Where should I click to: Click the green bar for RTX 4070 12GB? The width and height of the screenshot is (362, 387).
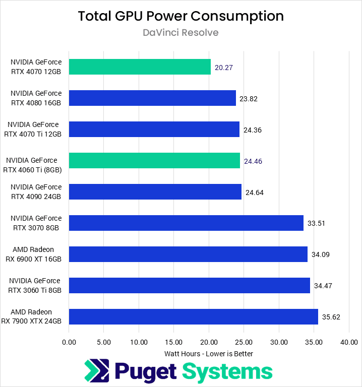coord(140,67)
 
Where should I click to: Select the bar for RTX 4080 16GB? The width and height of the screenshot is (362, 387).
coord(152,98)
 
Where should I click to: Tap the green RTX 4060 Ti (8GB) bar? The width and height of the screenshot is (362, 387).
coord(154,161)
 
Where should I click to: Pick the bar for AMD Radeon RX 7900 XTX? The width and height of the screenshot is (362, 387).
coord(194,316)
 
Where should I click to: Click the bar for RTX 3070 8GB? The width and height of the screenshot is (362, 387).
coord(186,223)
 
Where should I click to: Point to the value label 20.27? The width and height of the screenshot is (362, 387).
coord(223,68)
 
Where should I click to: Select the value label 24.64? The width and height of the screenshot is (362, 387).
coord(255,192)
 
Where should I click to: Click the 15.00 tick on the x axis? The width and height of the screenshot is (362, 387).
coord(174,342)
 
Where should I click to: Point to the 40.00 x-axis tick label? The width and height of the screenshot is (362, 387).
coord(349,342)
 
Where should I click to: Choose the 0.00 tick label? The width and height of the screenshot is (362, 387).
coord(69,342)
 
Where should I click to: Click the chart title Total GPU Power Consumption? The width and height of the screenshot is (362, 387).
coord(180,16)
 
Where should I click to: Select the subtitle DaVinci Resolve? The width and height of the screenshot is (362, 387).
coord(180,33)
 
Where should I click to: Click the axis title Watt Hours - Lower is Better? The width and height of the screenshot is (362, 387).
coord(209,353)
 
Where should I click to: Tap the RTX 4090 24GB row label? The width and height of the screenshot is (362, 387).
coord(36,191)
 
